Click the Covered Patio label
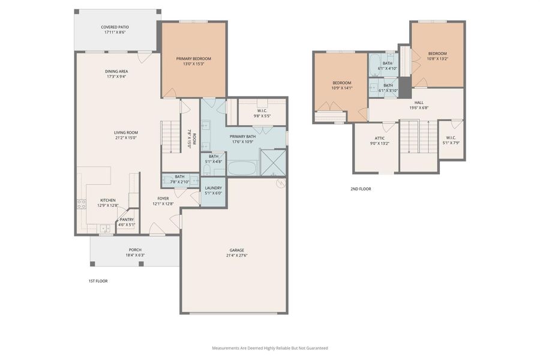(114, 27)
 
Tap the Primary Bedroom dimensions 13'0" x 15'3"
(193, 64)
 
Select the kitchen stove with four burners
(81, 204)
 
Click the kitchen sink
(105, 228)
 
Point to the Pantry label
(127, 220)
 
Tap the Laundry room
(213, 190)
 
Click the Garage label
(236, 250)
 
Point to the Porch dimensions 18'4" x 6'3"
(135, 255)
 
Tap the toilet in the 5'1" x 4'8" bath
(207, 171)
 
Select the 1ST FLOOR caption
(98, 281)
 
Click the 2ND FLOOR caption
(361, 189)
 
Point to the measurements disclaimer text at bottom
(269, 348)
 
